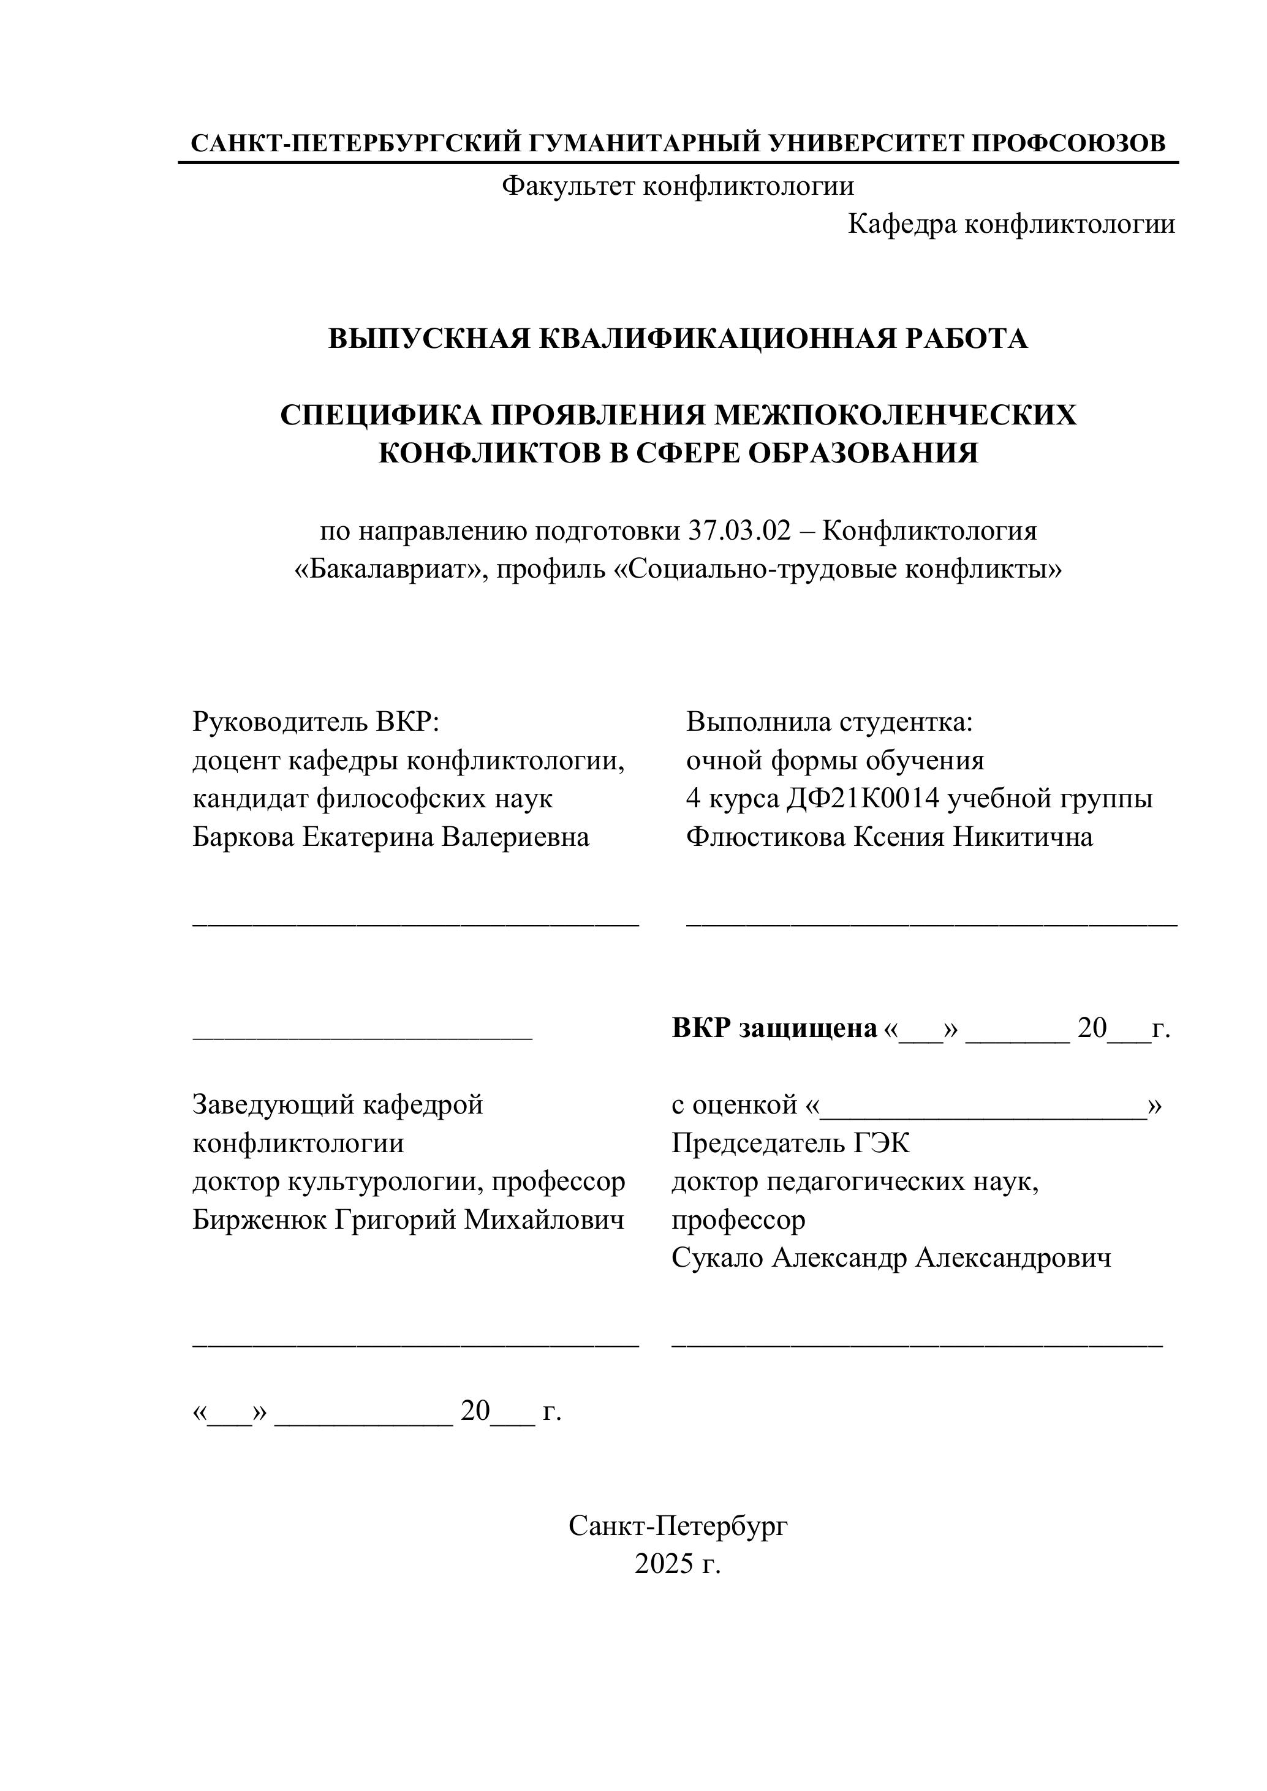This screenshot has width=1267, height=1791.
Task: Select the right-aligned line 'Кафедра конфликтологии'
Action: point(1011,224)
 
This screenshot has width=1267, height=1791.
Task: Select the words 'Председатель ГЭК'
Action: point(790,1143)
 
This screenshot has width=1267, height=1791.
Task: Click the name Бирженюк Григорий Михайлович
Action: point(409,1220)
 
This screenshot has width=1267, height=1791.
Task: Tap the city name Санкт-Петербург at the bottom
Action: point(678,1525)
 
